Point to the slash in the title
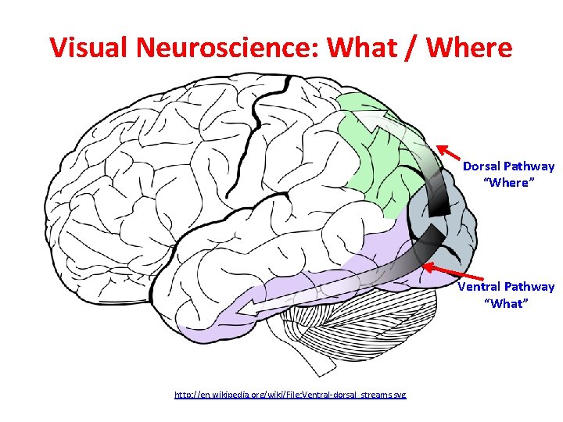[x=415, y=48]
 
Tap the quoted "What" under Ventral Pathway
[x=506, y=303]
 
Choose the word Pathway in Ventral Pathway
[x=529, y=287]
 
